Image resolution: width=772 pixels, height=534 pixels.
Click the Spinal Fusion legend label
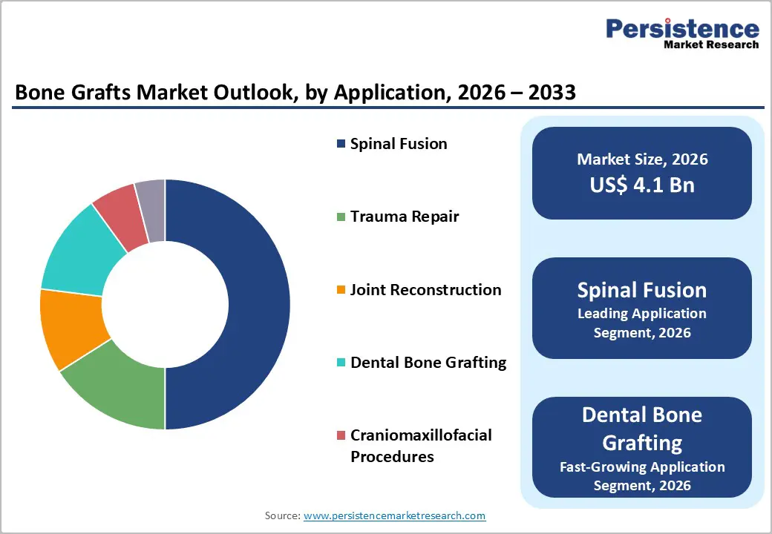click(399, 144)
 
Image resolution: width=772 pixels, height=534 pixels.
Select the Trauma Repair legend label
click(405, 217)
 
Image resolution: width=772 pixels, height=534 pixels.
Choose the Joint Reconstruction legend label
click(425, 290)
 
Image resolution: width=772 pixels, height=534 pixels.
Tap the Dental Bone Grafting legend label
click(428, 363)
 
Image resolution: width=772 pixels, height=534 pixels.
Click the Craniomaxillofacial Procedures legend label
click(421, 446)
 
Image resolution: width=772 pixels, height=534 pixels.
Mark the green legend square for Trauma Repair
click(341, 217)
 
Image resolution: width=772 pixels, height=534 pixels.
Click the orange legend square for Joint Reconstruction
click(341, 290)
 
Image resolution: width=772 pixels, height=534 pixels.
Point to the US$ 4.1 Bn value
click(642, 185)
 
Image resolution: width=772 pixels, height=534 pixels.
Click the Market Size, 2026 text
click(642, 159)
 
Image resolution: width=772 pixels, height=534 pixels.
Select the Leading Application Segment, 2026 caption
click(642, 323)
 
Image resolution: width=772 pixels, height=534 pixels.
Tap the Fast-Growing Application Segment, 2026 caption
click(642, 476)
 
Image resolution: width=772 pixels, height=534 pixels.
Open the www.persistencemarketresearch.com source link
click(395, 515)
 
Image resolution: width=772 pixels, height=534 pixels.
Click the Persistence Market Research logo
click(682, 33)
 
